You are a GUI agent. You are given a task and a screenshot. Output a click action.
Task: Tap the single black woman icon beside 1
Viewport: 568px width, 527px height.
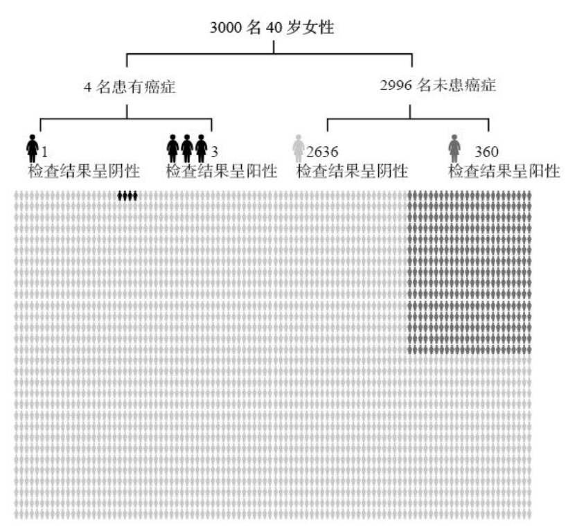point(32,148)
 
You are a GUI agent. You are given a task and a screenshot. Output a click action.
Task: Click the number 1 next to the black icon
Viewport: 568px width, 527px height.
point(44,151)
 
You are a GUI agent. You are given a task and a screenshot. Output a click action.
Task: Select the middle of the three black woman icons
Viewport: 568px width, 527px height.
point(187,148)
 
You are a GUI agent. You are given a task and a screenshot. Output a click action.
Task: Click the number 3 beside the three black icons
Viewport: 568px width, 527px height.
point(213,151)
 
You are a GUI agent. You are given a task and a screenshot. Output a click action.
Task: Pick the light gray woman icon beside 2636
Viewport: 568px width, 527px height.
point(299,148)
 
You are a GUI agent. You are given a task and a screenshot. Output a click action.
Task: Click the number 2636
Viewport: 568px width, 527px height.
point(322,151)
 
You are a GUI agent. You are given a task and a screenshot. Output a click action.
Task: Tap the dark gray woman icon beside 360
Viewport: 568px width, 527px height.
point(454,148)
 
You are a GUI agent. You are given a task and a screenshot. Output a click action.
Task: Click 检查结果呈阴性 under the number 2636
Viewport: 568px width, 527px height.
point(352,170)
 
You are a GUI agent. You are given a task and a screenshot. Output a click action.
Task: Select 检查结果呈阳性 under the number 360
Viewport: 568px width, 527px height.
point(504,170)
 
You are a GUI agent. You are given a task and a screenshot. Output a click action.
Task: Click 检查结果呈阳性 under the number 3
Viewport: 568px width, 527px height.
point(221,170)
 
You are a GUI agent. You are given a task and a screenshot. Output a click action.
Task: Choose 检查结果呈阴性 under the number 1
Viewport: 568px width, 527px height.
point(83,170)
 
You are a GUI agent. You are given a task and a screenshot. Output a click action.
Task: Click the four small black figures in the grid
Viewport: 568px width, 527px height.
point(127,196)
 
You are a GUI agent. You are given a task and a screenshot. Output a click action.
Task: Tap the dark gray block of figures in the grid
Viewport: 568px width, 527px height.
point(470,272)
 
